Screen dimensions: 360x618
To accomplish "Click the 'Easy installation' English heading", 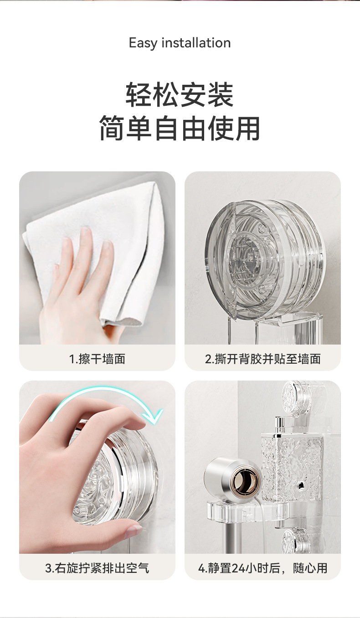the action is pyautogui.click(x=180, y=43).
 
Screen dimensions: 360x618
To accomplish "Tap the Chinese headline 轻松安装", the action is pyautogui.click(x=180, y=95).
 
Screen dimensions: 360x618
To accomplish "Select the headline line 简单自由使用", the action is pyautogui.click(x=180, y=128).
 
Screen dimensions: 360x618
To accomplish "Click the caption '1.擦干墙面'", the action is pyautogui.click(x=97, y=359).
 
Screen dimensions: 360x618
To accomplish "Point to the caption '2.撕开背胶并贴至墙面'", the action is pyautogui.click(x=262, y=359).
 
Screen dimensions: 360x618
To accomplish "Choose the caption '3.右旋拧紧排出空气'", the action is pyautogui.click(x=97, y=568).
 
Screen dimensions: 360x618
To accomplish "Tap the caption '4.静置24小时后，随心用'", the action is pyautogui.click(x=262, y=568).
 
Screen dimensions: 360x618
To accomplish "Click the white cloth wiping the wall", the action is pyautogui.click(x=94, y=248).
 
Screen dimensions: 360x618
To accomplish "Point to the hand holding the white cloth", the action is pyautogui.click(x=77, y=290).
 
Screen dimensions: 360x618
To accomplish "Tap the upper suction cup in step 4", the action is pyautogui.click(x=297, y=395).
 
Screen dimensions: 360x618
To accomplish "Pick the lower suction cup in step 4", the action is pyautogui.click(x=297, y=540).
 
